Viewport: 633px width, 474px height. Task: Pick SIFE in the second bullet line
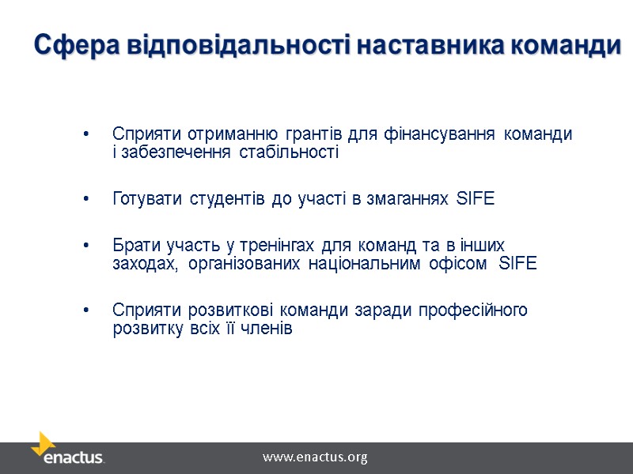tap(476, 199)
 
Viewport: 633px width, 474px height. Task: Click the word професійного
tap(473, 310)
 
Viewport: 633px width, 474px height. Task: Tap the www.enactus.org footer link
tap(315, 457)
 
